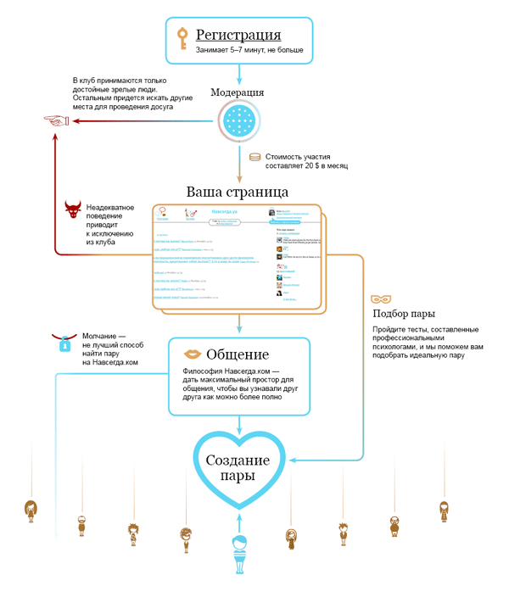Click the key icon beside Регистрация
[182, 39]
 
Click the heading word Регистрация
[238, 36]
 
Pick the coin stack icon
[255, 158]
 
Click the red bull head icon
[71, 209]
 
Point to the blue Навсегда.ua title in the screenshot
[226, 214]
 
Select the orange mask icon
[381, 298]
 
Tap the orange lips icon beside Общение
[193, 354]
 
